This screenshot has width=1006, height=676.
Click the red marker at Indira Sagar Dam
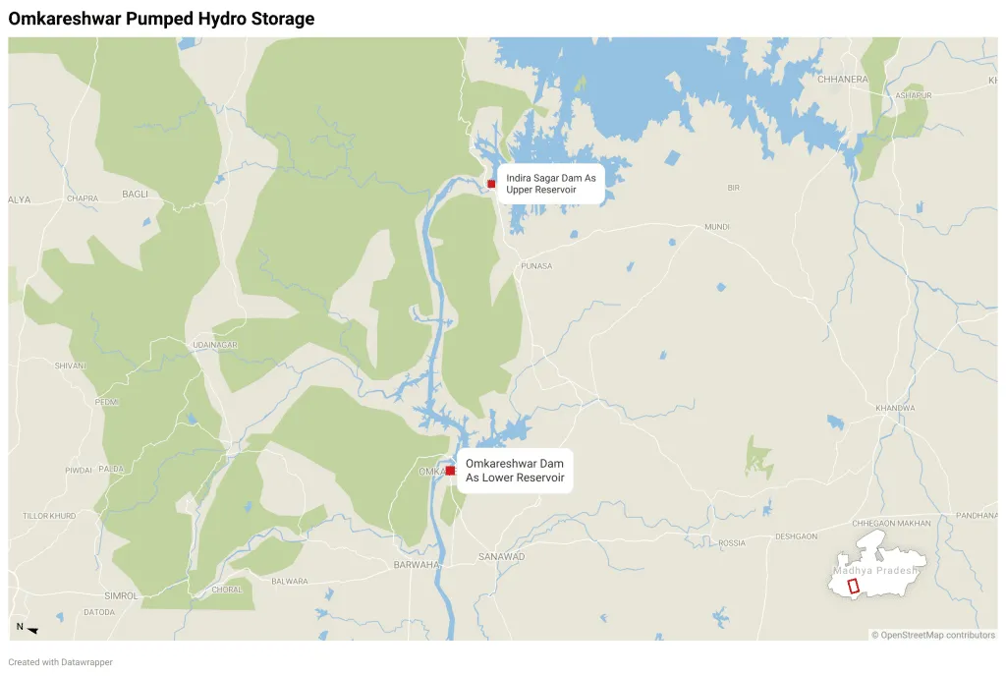[x=491, y=184]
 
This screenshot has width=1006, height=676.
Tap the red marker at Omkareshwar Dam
[x=450, y=471]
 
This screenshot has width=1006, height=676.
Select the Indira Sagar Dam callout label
[x=550, y=183]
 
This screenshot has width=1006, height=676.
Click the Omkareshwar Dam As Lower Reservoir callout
[x=515, y=471]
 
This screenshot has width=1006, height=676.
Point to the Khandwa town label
[x=895, y=408]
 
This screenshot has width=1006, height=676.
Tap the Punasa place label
[x=536, y=266]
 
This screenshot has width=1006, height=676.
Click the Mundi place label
[x=716, y=227]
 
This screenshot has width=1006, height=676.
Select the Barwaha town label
[x=413, y=565]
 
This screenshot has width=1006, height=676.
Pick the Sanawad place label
[x=503, y=557]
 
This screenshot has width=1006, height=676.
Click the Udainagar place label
[x=215, y=346]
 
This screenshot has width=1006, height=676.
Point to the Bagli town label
[x=135, y=195]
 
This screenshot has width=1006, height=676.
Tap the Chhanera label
[x=842, y=79]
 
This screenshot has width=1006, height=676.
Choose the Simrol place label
[x=121, y=595]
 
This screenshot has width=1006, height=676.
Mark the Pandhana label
[x=976, y=516]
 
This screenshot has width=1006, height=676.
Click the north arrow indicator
[x=28, y=629]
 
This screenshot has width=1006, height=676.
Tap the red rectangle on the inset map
[x=853, y=585]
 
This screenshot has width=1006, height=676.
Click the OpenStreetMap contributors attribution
[x=933, y=635]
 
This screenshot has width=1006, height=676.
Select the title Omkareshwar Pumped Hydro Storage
[x=161, y=19]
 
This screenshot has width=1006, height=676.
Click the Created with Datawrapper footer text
[x=60, y=662]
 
